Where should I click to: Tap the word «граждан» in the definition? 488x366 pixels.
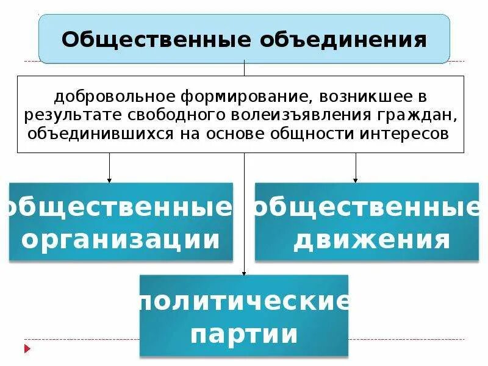[x=423, y=115]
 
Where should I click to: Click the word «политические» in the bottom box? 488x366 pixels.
[x=244, y=301]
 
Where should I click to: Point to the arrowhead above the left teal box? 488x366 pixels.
[x=110, y=180]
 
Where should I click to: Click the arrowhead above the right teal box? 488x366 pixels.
[x=356, y=180]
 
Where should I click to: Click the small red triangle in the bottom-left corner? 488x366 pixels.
[x=27, y=349]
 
